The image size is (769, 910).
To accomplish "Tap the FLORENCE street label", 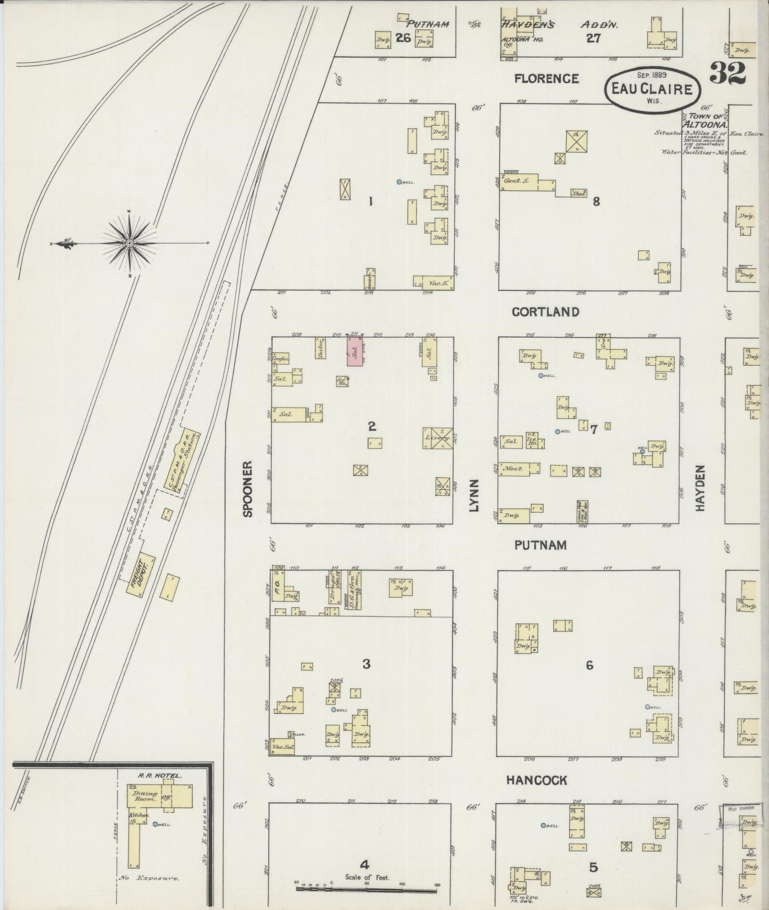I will (x=546, y=78).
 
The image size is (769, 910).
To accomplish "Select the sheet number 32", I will (x=727, y=73).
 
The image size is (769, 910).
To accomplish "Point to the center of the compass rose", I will (x=129, y=244).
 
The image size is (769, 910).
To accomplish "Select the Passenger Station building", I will (x=182, y=460).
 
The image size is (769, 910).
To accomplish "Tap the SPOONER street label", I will (x=248, y=489).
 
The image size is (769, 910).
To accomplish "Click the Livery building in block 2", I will (x=438, y=438).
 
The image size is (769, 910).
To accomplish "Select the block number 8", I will (x=596, y=202).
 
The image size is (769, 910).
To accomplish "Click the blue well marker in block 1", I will (x=399, y=182).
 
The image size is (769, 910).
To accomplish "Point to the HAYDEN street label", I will (x=700, y=488).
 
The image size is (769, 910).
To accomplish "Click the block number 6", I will (x=589, y=665).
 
